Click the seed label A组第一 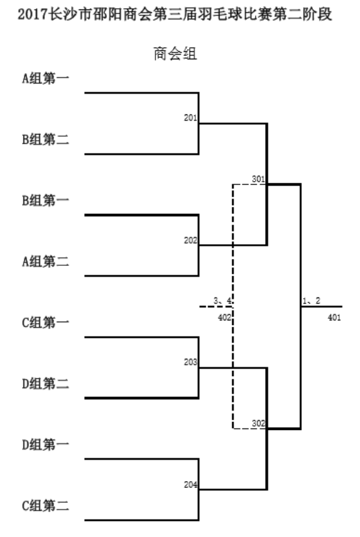[46, 79]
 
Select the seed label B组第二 [46, 139]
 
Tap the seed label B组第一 [46, 201]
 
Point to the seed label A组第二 [46, 261]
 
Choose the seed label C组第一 [46, 322]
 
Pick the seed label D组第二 [46, 384]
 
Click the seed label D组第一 [46, 445]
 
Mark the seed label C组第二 [46, 505]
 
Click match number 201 [190, 118]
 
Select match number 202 [190, 240]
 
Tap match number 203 [190, 362]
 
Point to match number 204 [190, 485]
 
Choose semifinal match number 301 [258, 179]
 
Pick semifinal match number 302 [258, 423]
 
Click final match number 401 [334, 318]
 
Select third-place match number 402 [225, 318]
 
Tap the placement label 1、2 [312, 301]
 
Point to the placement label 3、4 [223, 301]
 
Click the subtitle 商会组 [175, 54]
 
